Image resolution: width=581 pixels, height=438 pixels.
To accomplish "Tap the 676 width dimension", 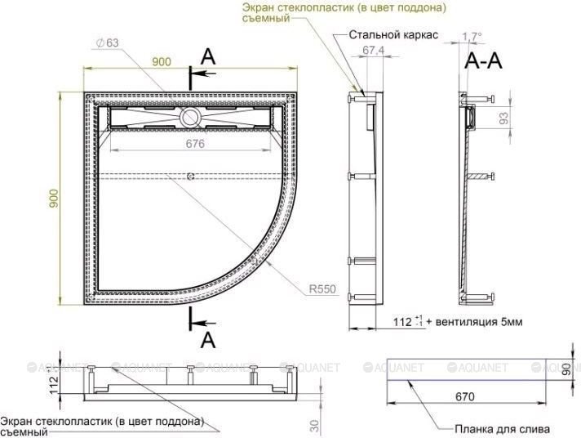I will tap(194, 143).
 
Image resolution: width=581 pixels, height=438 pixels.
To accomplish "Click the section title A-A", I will tap(483, 60).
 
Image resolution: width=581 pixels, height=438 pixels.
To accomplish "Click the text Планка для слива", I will tap(503, 428).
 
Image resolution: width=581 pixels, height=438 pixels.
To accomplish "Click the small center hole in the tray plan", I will tap(190, 176).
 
